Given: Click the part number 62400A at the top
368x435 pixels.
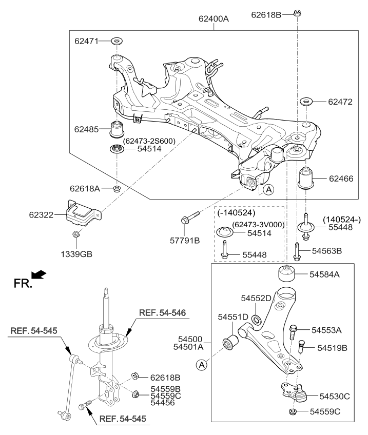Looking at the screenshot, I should click(214, 19).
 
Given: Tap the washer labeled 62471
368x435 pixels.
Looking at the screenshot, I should click(117, 41).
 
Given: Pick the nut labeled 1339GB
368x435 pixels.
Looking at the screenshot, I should click(76, 234).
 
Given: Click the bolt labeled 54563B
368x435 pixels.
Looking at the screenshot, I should click(297, 250).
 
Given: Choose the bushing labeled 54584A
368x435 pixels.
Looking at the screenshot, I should click(287, 274).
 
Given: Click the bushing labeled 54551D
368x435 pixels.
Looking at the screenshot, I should click(233, 341).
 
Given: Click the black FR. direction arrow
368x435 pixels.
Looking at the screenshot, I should click(38, 276).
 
